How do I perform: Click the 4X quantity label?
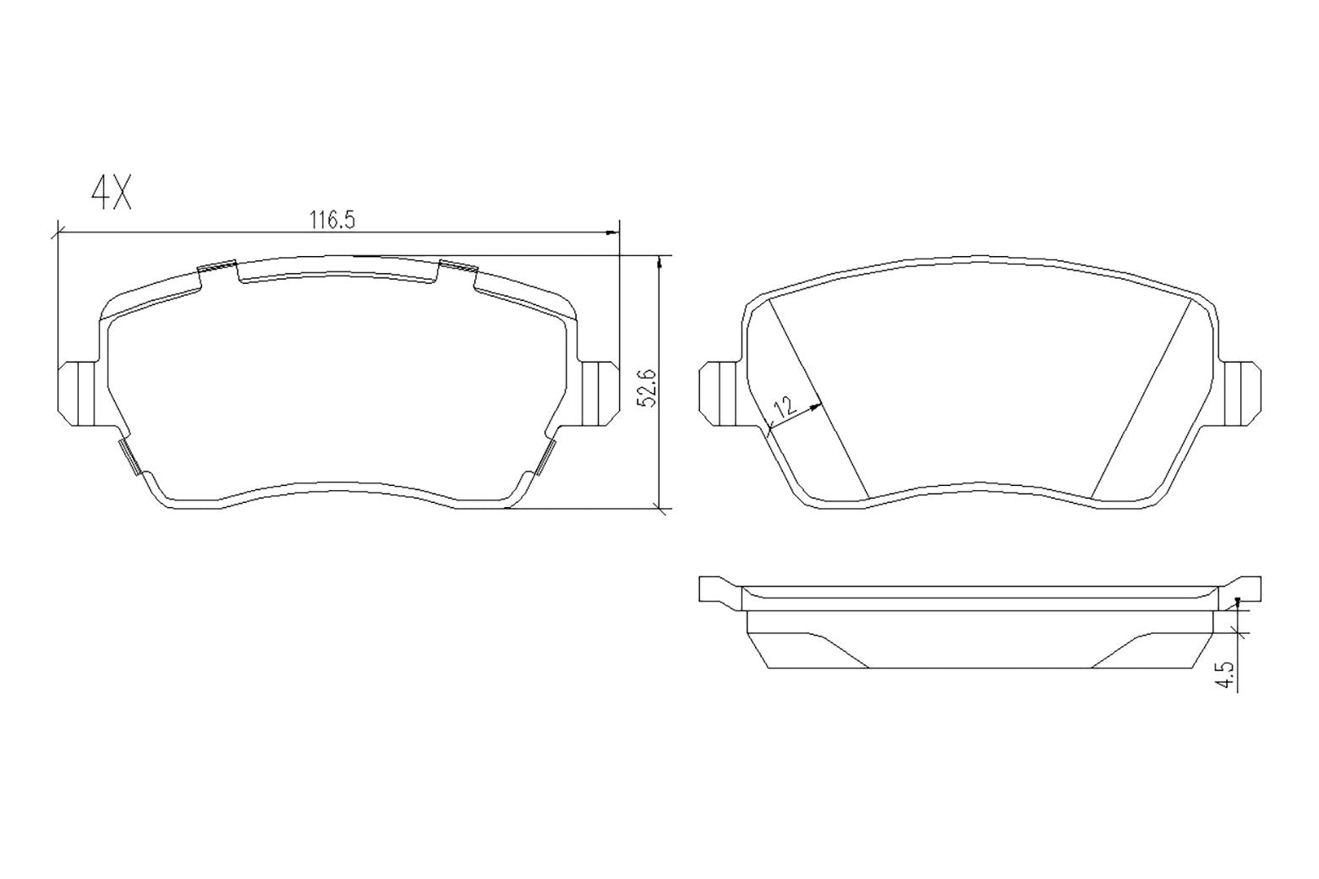[112, 194]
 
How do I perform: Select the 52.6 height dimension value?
[647, 388]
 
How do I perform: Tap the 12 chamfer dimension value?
[785, 408]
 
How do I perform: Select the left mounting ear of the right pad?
[720, 394]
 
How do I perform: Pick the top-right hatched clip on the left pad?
[458, 267]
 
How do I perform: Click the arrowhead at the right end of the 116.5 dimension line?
[612, 232]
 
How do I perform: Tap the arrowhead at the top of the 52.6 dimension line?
[659, 262]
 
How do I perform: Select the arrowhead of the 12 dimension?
[815, 407]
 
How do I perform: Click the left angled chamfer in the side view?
[837, 650]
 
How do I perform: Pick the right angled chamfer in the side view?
[1123, 650]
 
